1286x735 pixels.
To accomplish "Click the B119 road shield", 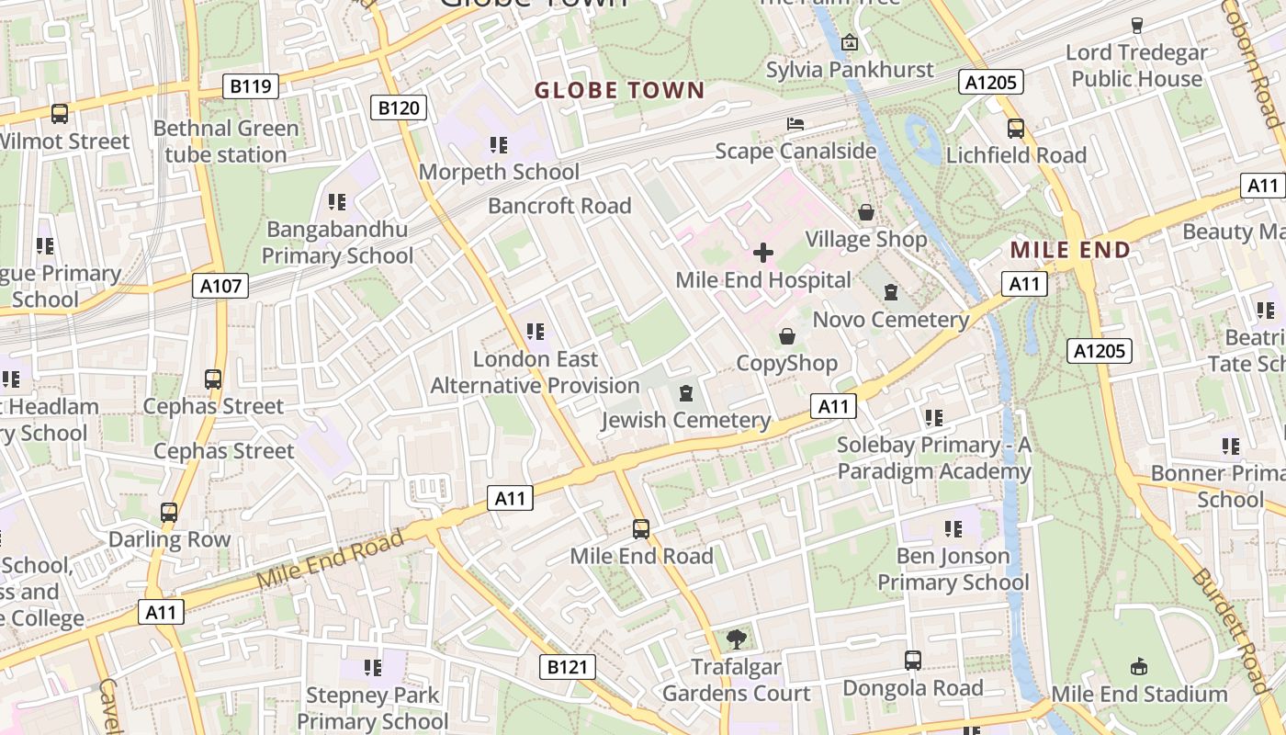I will click(250, 86).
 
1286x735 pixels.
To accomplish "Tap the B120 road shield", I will click(399, 107).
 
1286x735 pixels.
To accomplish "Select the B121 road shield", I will click(566, 667).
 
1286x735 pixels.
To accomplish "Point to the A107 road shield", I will click(221, 286).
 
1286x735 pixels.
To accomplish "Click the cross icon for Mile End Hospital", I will click(762, 253).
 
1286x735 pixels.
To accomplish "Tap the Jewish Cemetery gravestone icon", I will click(684, 394).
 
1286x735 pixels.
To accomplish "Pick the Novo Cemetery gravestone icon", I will click(890, 293).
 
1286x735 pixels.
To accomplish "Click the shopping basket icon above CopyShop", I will click(786, 336).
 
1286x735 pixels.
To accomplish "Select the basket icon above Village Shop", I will click(865, 213).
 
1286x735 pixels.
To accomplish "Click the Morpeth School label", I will click(499, 172).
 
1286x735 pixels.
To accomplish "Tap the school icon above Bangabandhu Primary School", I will click(337, 201).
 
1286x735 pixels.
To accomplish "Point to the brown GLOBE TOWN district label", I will click(619, 90).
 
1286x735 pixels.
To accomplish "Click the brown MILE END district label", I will click(1070, 249).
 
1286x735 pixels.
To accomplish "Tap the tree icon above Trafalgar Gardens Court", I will click(736, 639).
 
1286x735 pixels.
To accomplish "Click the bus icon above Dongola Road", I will click(912, 660).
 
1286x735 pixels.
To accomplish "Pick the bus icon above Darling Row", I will click(169, 512).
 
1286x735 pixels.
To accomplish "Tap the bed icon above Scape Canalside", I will click(795, 124).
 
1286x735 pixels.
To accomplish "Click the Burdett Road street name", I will click(1231, 629).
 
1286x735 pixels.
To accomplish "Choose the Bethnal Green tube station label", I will click(226, 141).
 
